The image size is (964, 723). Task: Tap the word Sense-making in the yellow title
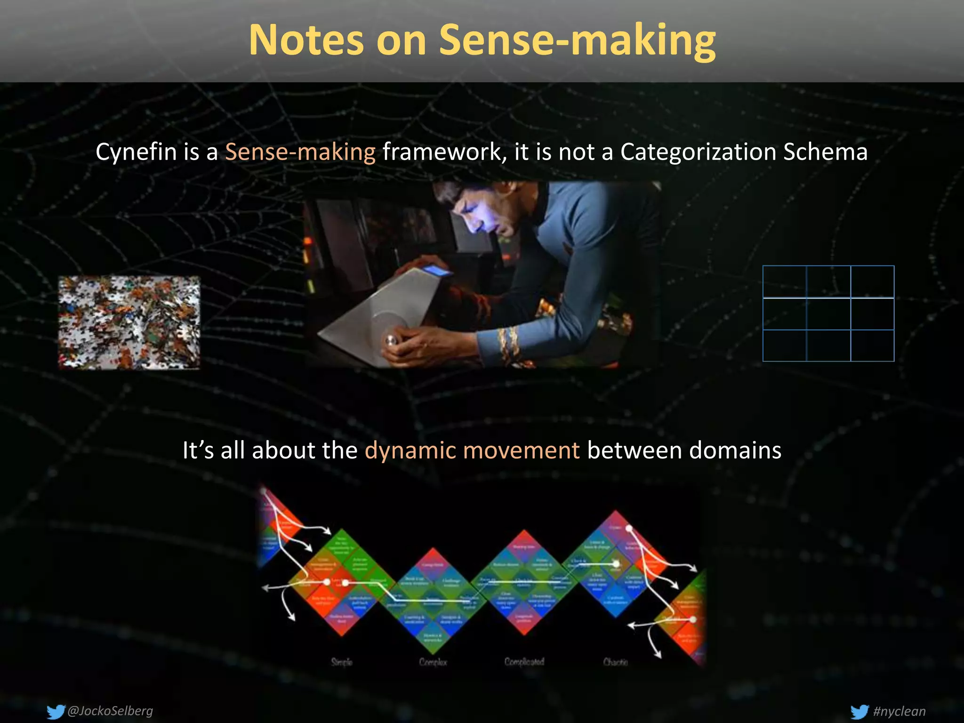point(577,41)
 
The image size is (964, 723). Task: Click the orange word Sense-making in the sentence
point(300,152)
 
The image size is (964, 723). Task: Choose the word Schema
point(825,152)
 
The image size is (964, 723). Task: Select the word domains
point(735,450)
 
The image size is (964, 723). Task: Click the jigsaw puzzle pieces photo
point(129,323)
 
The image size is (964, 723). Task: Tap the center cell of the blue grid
point(828,314)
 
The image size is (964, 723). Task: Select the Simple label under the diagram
point(342,662)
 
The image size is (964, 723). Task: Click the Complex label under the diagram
point(433,662)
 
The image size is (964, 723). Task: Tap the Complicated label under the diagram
point(524,662)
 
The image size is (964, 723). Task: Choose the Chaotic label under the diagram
point(615,662)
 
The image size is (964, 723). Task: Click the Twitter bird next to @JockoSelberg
point(56,711)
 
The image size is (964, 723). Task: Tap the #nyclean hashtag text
point(899,711)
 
